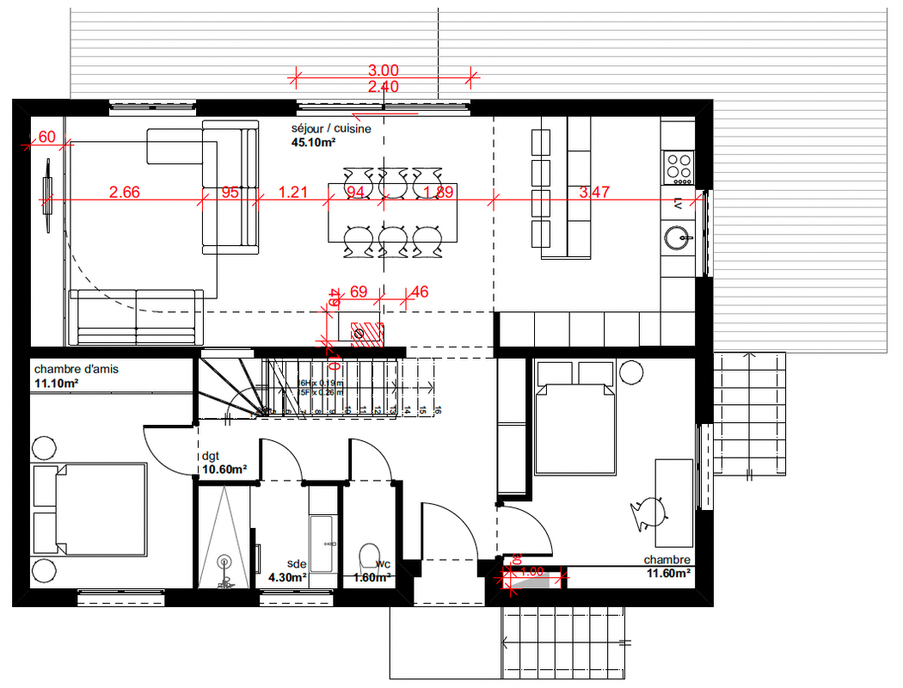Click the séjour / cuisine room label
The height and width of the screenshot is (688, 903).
(x=331, y=129)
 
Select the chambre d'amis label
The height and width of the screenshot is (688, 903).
(x=77, y=369)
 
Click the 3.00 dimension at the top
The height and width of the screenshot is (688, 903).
(x=383, y=71)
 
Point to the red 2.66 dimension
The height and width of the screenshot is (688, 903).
(x=125, y=192)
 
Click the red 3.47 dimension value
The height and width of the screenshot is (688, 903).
(x=594, y=192)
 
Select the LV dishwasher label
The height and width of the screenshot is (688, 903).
(x=678, y=204)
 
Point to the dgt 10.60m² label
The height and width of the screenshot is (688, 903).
(x=224, y=464)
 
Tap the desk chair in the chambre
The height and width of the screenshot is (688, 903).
(x=649, y=513)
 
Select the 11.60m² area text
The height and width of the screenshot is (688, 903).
(x=669, y=572)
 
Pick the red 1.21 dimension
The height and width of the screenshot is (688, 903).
(x=293, y=192)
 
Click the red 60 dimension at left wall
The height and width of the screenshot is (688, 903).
(x=47, y=137)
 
